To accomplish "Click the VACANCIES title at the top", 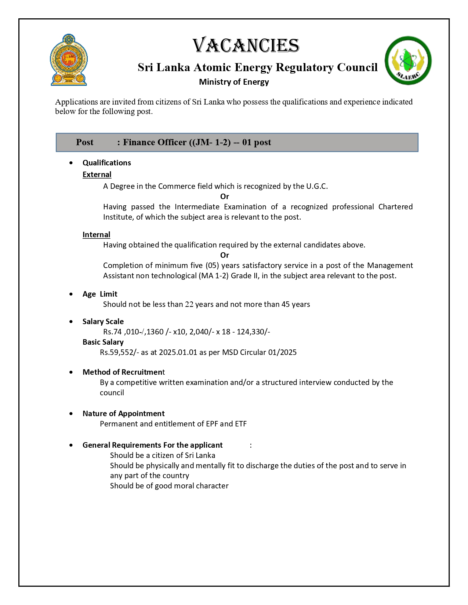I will tap(246, 46).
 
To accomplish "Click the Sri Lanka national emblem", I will tap(69, 60).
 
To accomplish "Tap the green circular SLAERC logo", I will tap(408, 60).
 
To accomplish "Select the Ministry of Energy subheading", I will tap(234, 82).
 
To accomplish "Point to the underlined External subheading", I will tap(97, 175).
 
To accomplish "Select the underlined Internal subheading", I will tap(96, 235).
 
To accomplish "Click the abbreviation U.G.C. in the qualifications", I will tap(317, 186).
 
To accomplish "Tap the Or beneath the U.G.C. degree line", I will tap(225, 197).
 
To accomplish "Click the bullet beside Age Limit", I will tap(71, 294).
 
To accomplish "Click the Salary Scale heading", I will tap(103, 322).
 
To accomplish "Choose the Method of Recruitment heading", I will tap(124, 372).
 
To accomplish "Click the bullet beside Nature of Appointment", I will tap(71, 414).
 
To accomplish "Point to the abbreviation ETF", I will tap(241, 424).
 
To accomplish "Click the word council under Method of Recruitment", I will tap(112, 393).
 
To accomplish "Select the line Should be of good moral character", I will tap(169, 486).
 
